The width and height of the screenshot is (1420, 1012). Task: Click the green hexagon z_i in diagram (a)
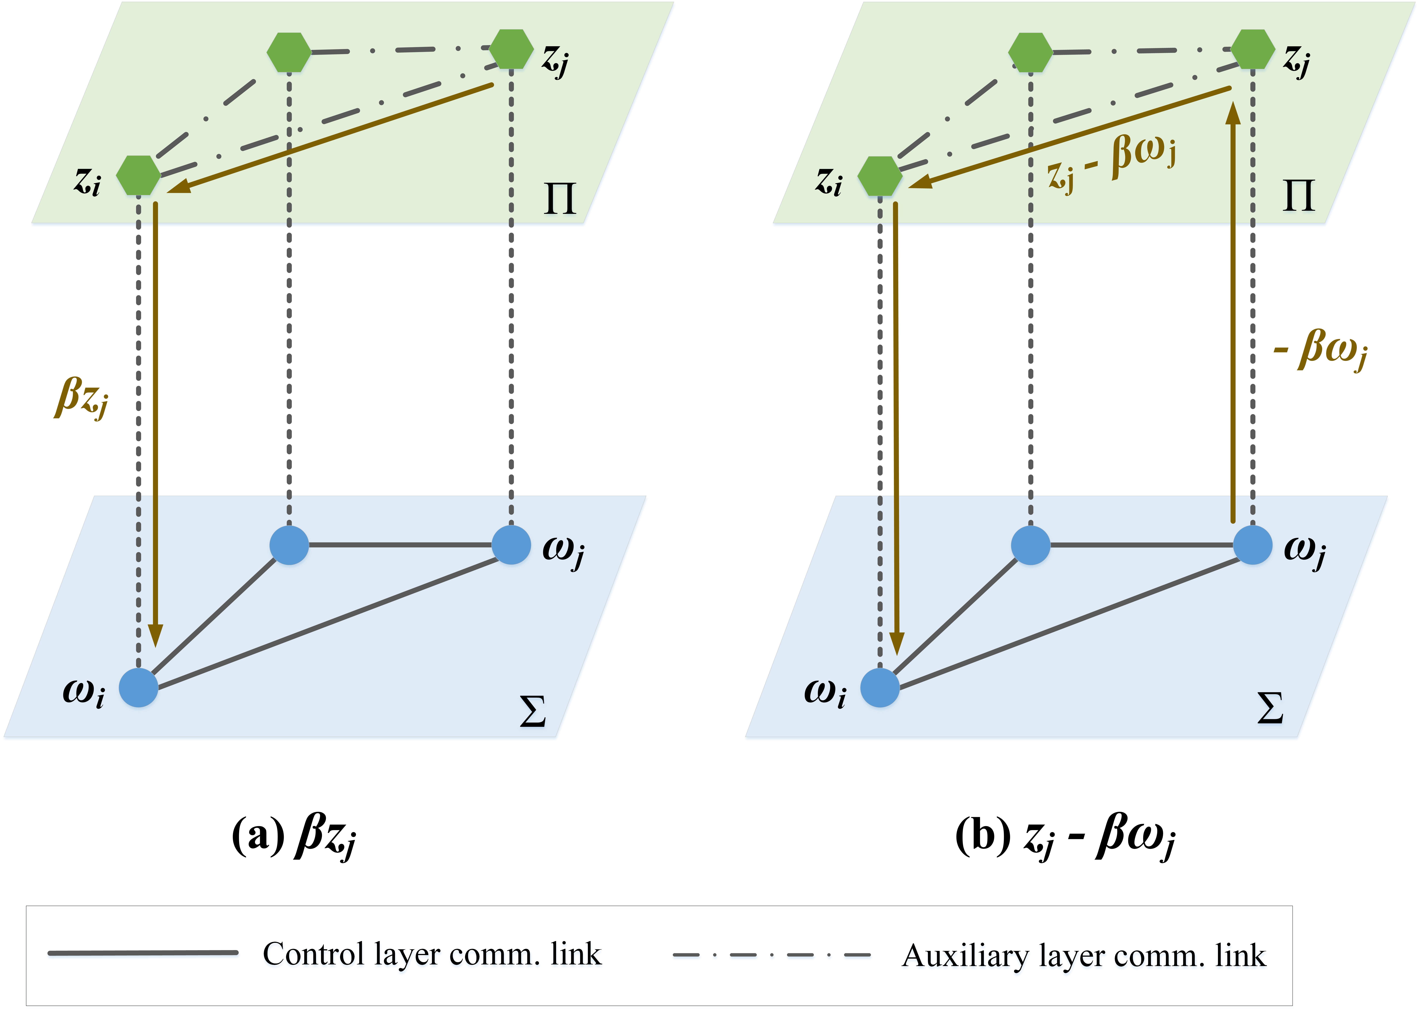pos(138,176)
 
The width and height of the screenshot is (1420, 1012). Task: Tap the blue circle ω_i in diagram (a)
pos(138,687)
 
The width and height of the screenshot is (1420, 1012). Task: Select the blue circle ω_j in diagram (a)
pos(511,545)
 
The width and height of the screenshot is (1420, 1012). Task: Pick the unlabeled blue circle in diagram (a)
pos(289,545)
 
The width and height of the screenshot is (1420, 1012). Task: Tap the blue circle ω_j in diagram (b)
pos(1252,545)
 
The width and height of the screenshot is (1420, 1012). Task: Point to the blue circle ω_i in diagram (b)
pos(880,687)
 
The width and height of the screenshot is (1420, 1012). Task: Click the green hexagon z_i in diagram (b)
pos(880,176)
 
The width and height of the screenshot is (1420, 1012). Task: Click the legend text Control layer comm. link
pos(432,954)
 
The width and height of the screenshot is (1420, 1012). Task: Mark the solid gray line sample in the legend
pos(143,953)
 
